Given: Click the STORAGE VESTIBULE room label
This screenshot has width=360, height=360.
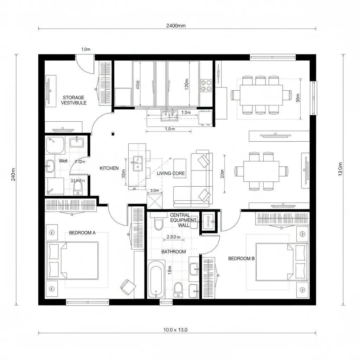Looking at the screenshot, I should [74, 100].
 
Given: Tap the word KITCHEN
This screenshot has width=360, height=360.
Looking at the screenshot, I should [109, 168].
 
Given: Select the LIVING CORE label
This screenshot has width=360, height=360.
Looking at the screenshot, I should [171, 173].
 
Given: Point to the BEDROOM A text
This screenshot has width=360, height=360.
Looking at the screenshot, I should [82, 233].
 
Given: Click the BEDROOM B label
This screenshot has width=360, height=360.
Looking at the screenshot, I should [241, 258].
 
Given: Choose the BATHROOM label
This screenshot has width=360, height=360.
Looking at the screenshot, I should [174, 252].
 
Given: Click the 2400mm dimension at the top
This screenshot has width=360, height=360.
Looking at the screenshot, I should [177, 25].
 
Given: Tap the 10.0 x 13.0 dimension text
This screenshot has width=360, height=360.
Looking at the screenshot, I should [176, 330].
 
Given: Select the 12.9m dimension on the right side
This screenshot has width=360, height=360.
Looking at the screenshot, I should [340, 169].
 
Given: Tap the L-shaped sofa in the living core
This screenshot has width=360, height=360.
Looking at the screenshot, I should [194, 179].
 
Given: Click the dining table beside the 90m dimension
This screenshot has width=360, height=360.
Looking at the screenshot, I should [261, 95].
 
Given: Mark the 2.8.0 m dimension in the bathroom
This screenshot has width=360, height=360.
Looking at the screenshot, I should [173, 237].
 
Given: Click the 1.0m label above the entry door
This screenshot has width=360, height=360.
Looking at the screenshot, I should [86, 50].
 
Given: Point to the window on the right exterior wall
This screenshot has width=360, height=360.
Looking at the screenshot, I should [313, 98].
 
